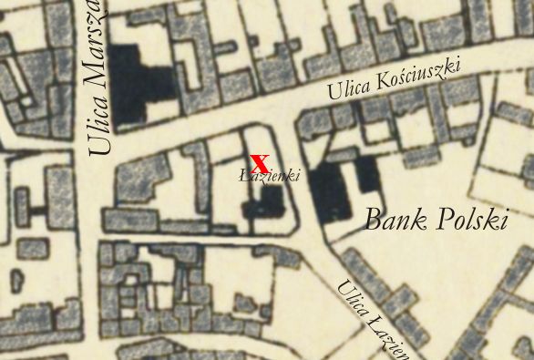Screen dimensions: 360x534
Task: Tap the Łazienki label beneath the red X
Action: tap(269, 175)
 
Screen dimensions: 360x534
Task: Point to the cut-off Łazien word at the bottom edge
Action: tap(388, 337)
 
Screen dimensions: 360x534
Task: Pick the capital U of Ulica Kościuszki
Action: tap(333, 94)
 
